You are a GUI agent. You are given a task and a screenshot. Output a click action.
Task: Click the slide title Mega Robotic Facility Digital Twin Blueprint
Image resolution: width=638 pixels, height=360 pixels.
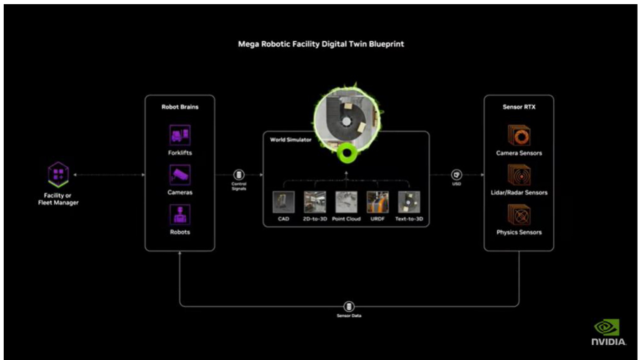(x=321, y=44)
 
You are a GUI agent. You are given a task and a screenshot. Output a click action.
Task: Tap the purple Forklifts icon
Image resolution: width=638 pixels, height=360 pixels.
(x=180, y=135)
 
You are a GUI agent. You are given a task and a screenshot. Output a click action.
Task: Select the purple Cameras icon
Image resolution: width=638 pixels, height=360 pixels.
(x=180, y=175)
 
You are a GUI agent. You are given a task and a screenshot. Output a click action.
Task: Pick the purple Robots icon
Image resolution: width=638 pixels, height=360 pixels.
(x=180, y=215)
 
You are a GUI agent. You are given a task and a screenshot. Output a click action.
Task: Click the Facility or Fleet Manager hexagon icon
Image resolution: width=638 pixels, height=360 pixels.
(x=58, y=174)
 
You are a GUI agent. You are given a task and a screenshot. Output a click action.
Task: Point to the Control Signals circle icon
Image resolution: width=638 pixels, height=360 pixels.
(x=239, y=175)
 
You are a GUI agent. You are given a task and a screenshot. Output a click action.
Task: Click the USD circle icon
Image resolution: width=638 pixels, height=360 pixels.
(x=456, y=175)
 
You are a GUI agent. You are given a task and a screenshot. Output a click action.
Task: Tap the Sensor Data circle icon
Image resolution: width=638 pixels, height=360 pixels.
(x=349, y=307)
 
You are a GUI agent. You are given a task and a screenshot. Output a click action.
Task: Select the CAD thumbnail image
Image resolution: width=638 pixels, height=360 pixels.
(x=284, y=202)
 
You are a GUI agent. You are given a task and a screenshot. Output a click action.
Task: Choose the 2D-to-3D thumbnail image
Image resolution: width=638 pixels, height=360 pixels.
(x=315, y=202)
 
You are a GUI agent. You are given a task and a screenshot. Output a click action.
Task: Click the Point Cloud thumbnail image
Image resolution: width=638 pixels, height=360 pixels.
(x=346, y=202)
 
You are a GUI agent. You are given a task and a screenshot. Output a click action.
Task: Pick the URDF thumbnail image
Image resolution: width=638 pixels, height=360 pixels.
(x=378, y=202)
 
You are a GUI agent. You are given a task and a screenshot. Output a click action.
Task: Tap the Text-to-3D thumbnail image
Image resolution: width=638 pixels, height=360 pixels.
(x=409, y=202)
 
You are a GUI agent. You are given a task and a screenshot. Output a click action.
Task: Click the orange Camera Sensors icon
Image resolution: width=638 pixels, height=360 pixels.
(x=519, y=135)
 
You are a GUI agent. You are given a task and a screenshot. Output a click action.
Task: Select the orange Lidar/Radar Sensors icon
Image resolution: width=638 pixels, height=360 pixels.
(x=519, y=175)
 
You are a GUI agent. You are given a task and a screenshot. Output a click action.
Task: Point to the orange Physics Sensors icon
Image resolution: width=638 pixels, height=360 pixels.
(x=519, y=215)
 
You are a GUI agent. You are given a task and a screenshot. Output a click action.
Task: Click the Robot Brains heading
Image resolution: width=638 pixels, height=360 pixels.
(x=180, y=107)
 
